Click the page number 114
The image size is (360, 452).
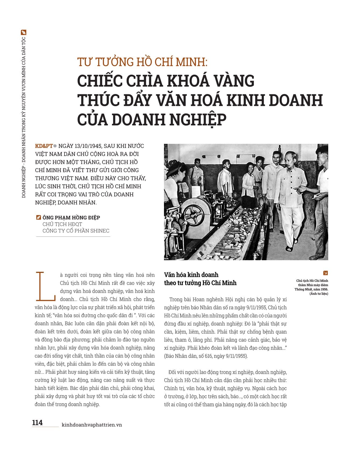tap(37, 422)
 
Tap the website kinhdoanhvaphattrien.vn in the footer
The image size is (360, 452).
tap(92, 425)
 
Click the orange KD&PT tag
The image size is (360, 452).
tap(44, 146)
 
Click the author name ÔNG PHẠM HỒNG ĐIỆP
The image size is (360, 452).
tap(71, 218)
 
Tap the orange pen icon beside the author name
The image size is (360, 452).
tap(39, 217)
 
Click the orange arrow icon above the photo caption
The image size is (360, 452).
tap(325, 273)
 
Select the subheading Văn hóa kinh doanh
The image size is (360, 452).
tap(191, 275)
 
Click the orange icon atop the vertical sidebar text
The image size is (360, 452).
tap(24, 33)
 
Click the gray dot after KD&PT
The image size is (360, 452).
tap(55, 146)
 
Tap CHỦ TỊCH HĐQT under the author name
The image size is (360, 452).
tap(62, 224)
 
